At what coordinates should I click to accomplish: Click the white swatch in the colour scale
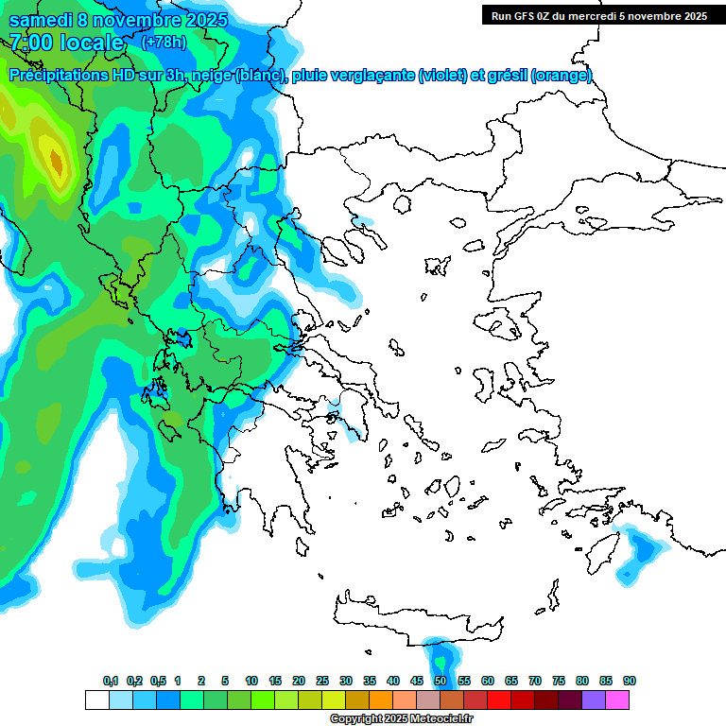[x=97, y=700]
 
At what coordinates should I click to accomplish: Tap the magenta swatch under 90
[x=617, y=700]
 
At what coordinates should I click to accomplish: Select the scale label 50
[x=441, y=681]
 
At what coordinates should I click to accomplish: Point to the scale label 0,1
[x=111, y=681]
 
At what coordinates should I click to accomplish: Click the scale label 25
[x=322, y=681]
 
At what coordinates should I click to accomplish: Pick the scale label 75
[x=559, y=681]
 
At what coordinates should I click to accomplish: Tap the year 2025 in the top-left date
[x=201, y=19]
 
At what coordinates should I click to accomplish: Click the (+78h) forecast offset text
[x=164, y=43]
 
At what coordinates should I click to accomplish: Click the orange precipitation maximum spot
[x=56, y=164]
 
